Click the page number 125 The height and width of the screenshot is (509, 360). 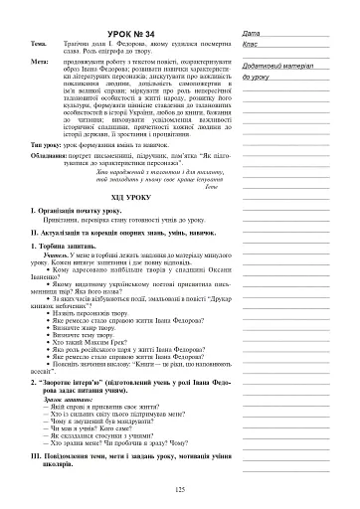coord(180,489)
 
